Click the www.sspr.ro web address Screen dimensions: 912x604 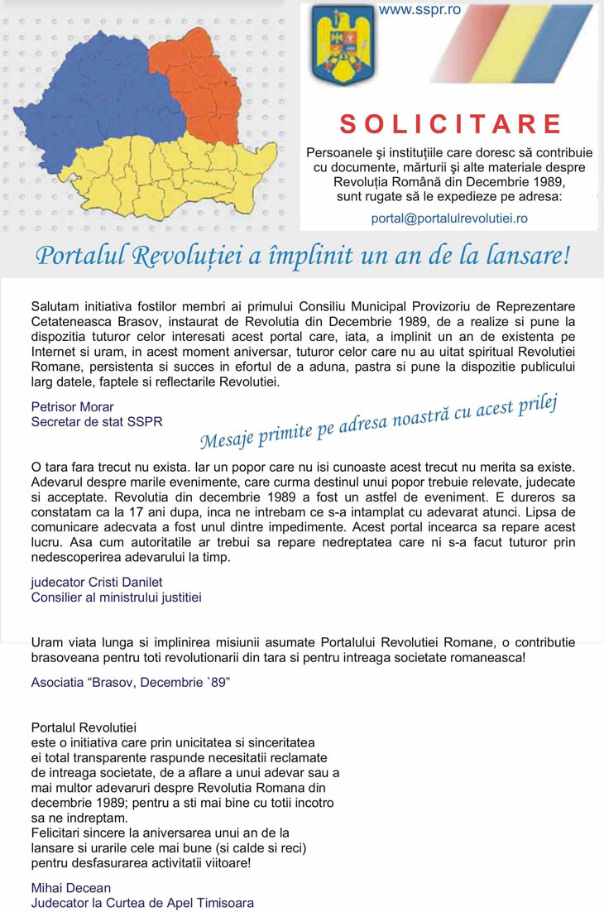click(x=419, y=10)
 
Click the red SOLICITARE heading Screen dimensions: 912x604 click(x=451, y=124)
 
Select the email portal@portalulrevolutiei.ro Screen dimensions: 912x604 click(x=449, y=218)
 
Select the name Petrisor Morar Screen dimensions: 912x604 click(x=72, y=406)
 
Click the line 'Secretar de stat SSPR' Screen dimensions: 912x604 click(x=97, y=421)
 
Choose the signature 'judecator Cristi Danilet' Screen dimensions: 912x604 click(x=97, y=582)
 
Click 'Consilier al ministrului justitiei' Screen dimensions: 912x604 click(x=116, y=597)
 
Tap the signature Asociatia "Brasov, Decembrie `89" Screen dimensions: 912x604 click(x=130, y=683)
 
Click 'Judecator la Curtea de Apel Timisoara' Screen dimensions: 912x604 click(x=142, y=903)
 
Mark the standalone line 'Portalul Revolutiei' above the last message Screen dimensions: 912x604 click(x=84, y=727)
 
